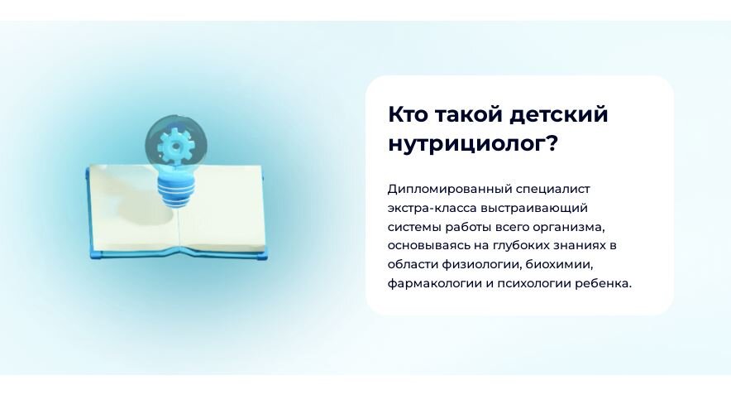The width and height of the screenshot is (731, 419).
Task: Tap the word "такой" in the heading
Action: (x=469, y=114)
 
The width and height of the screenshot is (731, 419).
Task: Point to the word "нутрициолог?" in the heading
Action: (x=473, y=143)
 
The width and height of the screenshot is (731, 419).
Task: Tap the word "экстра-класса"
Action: (x=428, y=208)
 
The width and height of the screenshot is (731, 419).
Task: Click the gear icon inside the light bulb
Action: (x=174, y=146)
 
